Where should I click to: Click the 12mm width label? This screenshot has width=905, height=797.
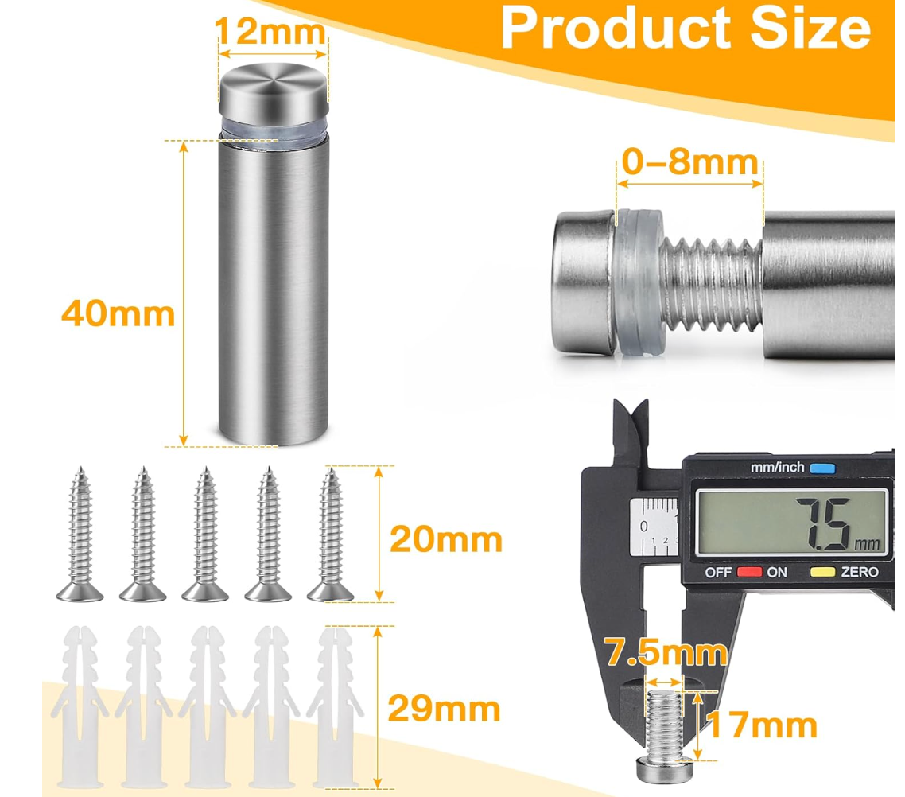click(x=270, y=31)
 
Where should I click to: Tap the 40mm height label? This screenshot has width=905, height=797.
click(x=118, y=314)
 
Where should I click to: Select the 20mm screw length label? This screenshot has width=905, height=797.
click(x=445, y=539)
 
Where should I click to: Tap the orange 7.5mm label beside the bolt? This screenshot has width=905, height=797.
click(x=666, y=652)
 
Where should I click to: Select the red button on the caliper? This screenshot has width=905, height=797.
click(x=749, y=572)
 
